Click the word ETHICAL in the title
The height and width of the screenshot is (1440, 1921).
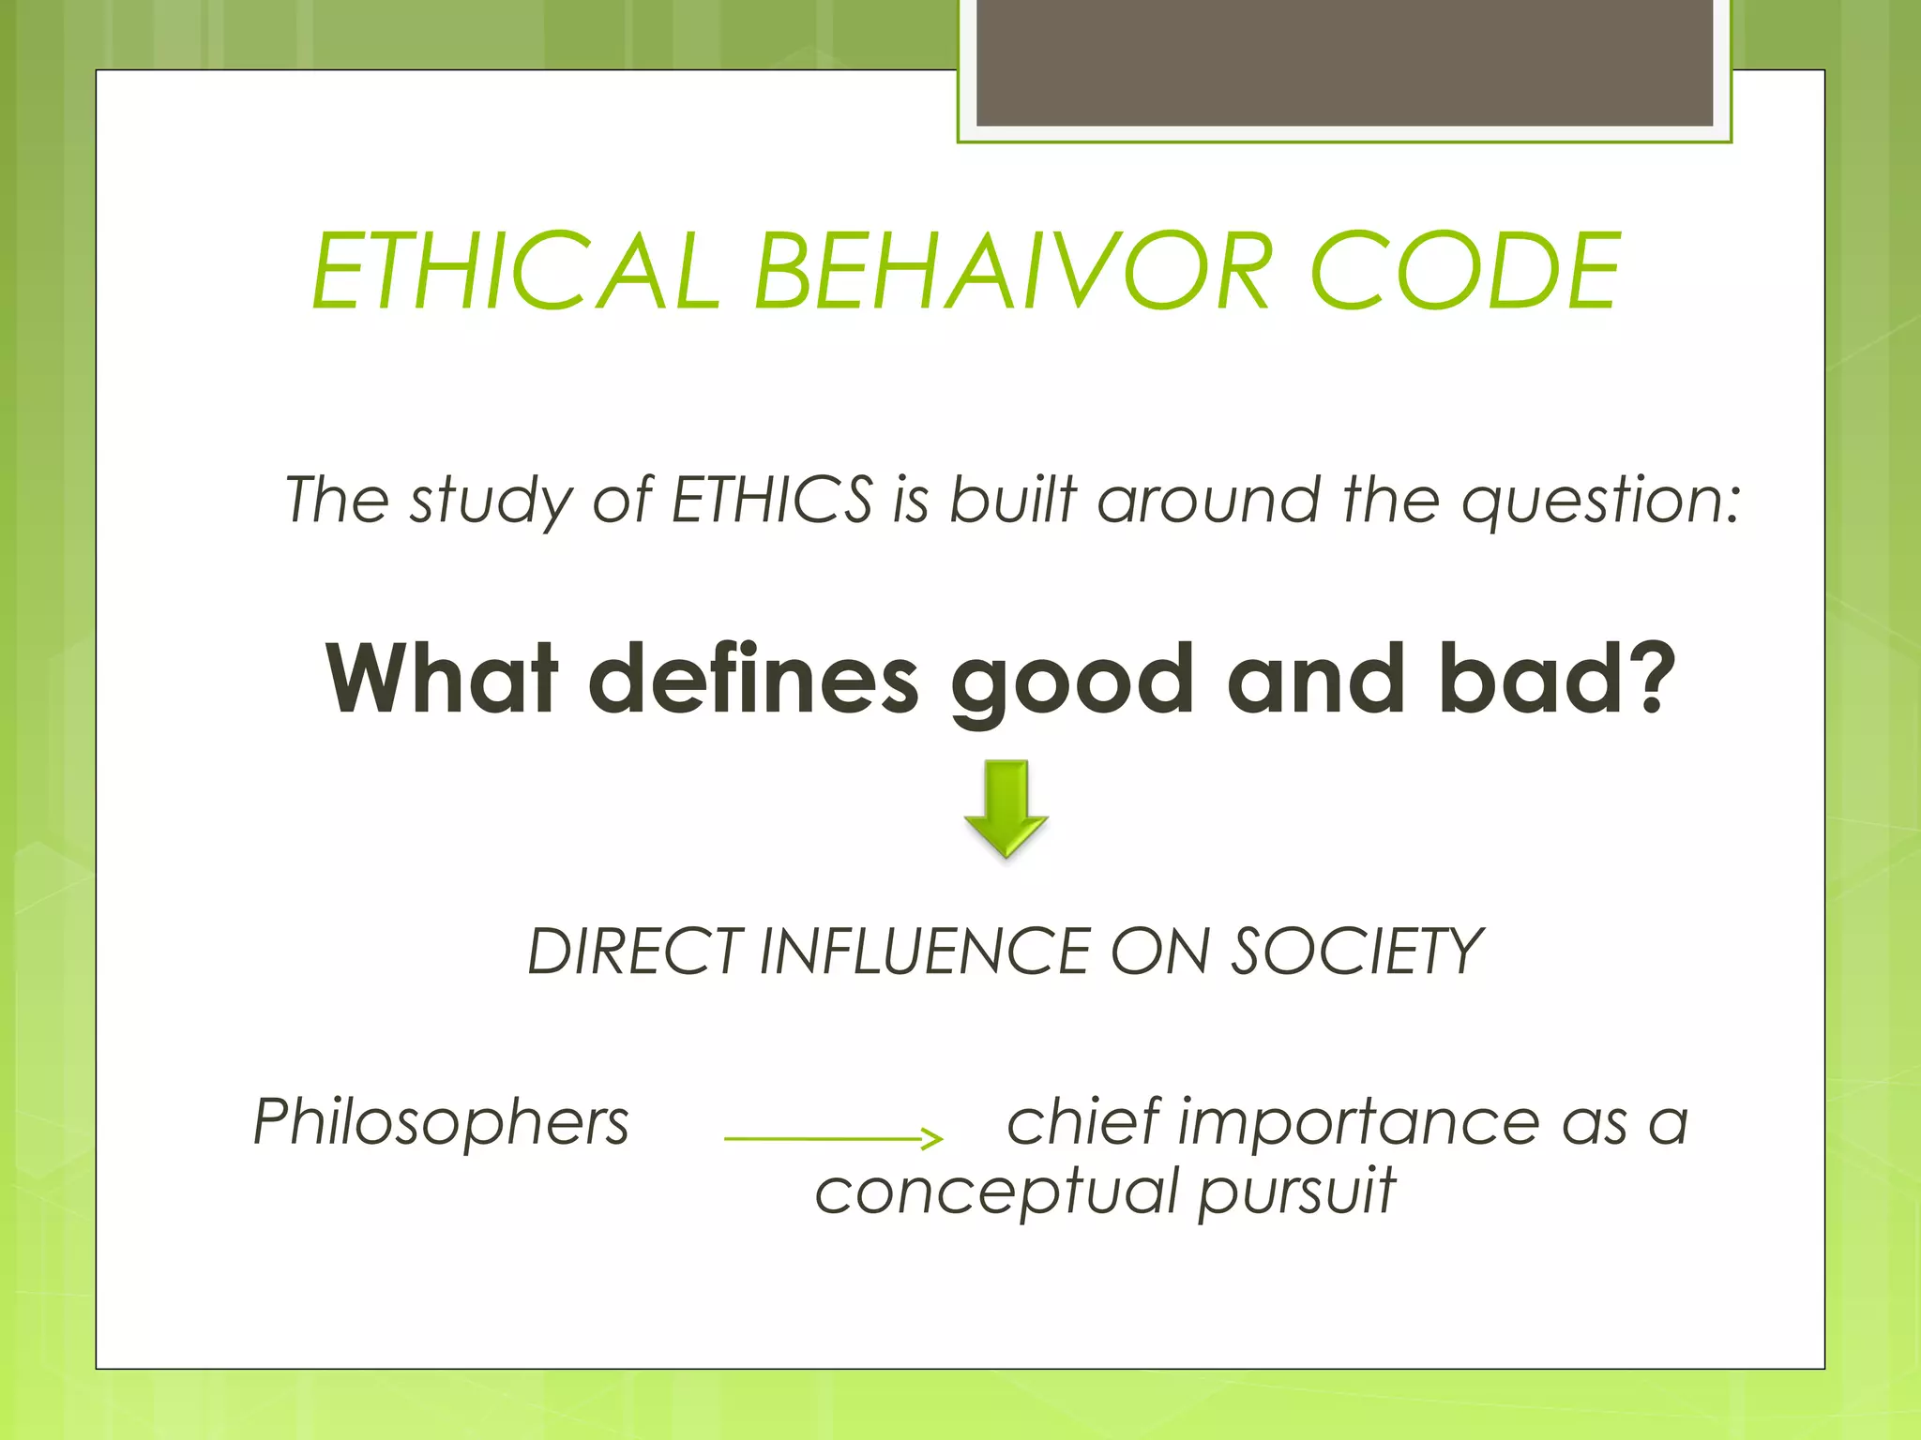(x=515, y=272)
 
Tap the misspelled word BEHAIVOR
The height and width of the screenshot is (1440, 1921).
(x=1012, y=272)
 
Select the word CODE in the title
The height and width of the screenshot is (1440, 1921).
(x=1464, y=272)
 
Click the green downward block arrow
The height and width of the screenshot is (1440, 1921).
(x=1006, y=808)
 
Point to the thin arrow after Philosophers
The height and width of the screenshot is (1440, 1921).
(x=833, y=1138)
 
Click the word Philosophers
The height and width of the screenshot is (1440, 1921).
(x=441, y=1122)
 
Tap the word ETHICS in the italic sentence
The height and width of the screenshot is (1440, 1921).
(x=772, y=499)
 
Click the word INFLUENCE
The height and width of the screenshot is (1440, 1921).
(x=923, y=952)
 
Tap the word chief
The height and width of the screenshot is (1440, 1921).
(x=1083, y=1121)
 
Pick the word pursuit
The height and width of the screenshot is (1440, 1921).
(x=1297, y=1192)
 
